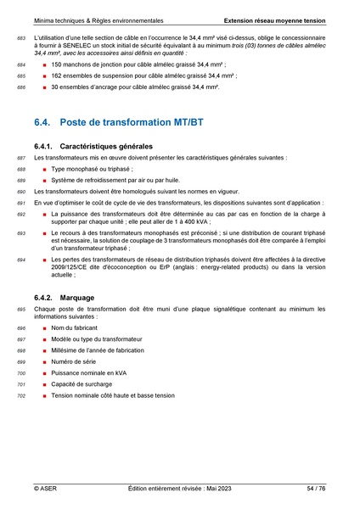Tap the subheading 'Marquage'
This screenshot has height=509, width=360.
coord(79,298)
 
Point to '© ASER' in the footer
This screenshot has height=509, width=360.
coord(45,489)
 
